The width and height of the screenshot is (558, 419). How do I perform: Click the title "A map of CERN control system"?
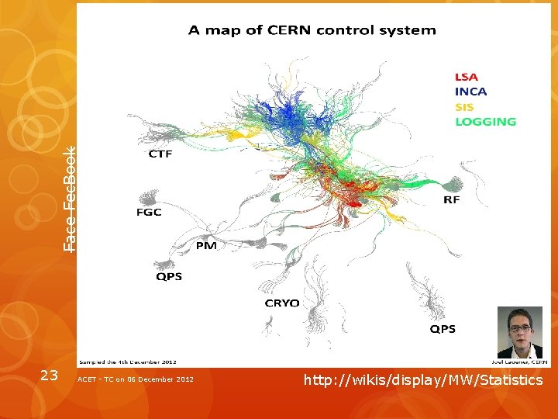click(x=312, y=31)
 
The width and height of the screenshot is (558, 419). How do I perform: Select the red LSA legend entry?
click(x=467, y=77)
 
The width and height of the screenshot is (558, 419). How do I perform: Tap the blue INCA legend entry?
click(x=471, y=92)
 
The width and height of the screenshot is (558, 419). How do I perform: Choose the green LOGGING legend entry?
click(x=485, y=121)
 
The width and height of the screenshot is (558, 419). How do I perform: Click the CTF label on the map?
click(x=160, y=154)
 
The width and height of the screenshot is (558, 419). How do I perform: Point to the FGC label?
click(x=149, y=212)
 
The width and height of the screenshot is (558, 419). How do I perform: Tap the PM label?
click(x=206, y=246)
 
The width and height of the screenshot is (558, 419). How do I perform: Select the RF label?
click(x=452, y=199)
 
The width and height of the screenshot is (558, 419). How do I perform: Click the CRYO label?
click(x=282, y=303)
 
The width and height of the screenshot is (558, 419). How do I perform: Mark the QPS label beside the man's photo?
click(x=443, y=329)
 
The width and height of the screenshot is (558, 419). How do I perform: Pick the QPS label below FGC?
click(x=169, y=276)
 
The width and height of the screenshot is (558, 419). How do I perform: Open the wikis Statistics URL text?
click(x=423, y=379)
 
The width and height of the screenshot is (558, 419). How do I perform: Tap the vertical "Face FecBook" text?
click(x=70, y=199)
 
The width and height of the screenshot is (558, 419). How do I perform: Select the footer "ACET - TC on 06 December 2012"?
click(x=136, y=379)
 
